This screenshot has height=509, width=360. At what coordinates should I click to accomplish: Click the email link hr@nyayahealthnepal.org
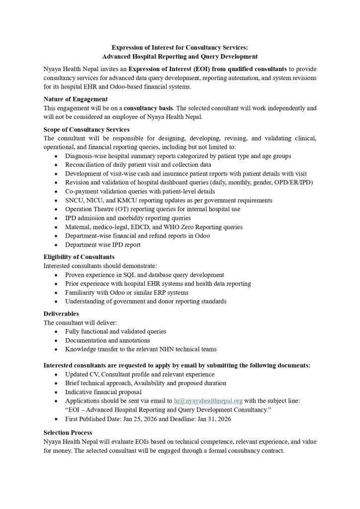208,400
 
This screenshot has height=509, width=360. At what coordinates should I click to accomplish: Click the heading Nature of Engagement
76,99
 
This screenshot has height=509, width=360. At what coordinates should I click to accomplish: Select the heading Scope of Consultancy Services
87,129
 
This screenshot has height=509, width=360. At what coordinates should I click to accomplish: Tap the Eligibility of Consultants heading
79,257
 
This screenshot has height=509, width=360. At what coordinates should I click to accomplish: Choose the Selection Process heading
68,433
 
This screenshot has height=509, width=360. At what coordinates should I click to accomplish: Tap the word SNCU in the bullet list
74,200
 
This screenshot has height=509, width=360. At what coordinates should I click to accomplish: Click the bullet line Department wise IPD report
103,245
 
